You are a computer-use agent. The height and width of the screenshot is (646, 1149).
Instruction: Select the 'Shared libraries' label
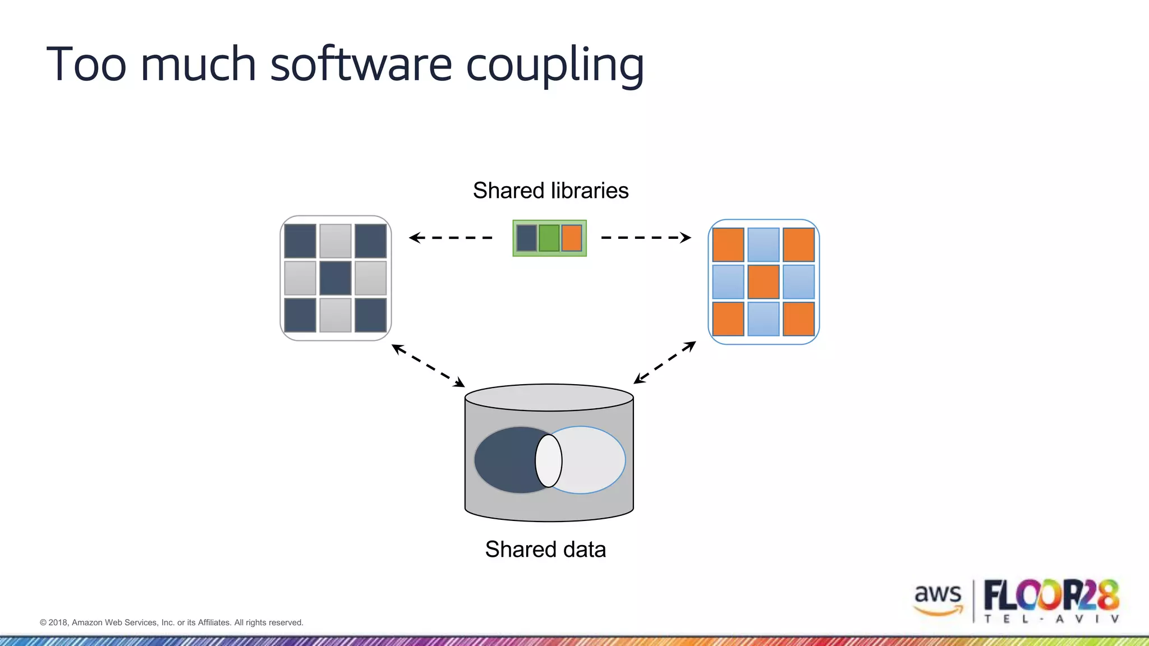[550, 191]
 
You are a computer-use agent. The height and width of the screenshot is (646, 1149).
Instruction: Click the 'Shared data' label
[545, 549]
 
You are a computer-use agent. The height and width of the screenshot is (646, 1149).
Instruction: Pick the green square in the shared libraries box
[549, 238]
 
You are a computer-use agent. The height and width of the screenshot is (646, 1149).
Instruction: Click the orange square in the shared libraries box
[572, 238]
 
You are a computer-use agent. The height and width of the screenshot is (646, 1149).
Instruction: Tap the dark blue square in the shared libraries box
[526, 238]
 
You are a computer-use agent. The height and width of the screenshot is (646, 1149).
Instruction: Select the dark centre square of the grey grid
[335, 278]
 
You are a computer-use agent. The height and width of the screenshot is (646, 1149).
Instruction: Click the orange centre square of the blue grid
[764, 282]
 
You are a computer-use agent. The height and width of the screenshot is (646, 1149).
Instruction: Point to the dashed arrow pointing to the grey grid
[451, 238]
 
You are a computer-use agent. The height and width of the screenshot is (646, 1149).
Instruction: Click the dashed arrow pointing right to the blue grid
[646, 238]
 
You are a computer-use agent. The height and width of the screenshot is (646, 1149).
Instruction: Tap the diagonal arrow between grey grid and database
[428, 366]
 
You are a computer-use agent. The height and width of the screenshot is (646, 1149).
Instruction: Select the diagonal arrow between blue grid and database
[665, 363]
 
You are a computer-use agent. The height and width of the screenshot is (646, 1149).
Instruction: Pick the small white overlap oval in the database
[549, 460]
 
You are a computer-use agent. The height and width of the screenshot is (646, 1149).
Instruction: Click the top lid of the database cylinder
[549, 397]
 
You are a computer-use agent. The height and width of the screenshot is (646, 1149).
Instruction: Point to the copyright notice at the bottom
[172, 622]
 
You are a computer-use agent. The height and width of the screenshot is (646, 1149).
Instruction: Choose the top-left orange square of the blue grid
[728, 244]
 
